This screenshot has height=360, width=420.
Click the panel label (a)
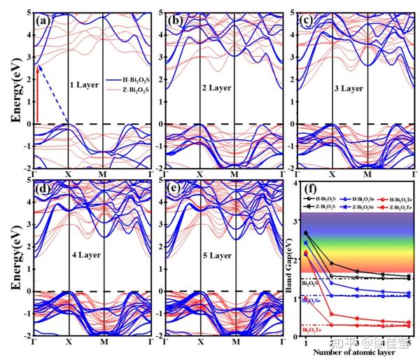point(43,20)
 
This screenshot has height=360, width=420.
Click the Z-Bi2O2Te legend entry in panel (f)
point(392,207)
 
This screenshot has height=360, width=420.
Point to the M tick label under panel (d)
point(103,344)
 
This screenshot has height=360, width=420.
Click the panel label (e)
point(175,189)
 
